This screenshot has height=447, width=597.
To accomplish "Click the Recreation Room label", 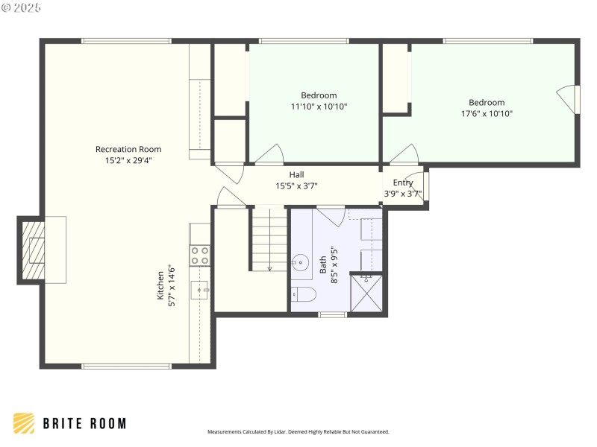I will pos(128,149).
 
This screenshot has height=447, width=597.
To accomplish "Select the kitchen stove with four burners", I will pos(199,256).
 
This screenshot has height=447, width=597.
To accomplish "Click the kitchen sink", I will pos(199,288).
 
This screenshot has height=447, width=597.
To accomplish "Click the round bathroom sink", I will pos(300,261).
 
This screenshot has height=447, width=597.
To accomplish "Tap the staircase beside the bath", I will pos(268,239).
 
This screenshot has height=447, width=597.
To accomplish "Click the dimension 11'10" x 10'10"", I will pos(319,107).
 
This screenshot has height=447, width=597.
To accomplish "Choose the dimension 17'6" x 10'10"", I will pos(487,114).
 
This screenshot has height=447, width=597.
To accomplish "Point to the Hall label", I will pos(296,175).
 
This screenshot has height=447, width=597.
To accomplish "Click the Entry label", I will pos(403,183).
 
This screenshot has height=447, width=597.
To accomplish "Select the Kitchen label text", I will pos(160,283).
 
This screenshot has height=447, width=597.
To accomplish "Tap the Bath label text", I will pos(323,264).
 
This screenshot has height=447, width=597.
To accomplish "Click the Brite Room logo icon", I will pos(24,423).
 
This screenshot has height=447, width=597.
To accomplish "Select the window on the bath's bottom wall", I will pos(333,314).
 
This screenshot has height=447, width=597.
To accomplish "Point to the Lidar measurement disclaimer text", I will pos(298,431).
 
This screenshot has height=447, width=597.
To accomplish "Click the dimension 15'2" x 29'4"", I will pos(128,159).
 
